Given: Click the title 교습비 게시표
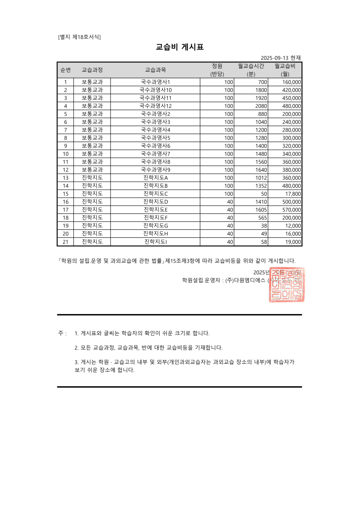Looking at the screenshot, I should [180, 47].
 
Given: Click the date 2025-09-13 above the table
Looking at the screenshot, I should [274, 58].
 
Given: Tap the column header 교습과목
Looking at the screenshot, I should [155, 70].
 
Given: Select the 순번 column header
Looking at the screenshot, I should [65, 70].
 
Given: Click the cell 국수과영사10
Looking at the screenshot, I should [155, 90].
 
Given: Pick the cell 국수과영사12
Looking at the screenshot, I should [155, 106].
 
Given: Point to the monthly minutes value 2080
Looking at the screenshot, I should [261, 106].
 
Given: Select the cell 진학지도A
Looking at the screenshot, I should [155, 178].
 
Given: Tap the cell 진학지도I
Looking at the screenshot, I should [155, 242].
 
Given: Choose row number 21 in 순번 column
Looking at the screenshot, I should [66, 242].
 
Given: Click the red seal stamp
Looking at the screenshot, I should [287, 285].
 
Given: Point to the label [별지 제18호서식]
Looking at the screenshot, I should [79, 37].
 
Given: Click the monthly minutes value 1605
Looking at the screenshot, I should [261, 210].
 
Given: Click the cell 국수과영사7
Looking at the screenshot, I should [155, 154].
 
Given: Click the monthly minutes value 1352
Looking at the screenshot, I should [261, 186].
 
